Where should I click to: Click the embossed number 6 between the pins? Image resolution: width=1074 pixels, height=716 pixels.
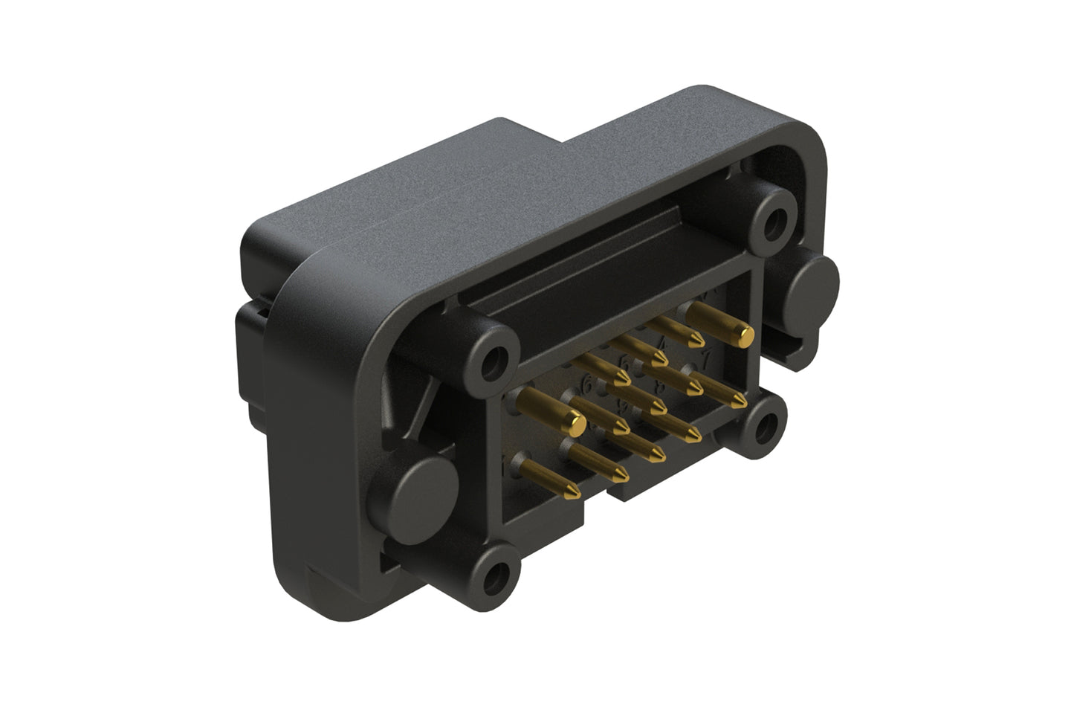(588, 385)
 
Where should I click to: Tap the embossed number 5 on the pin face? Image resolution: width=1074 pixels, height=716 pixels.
(626, 364)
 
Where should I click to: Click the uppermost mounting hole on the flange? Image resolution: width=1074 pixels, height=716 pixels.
(777, 219)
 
